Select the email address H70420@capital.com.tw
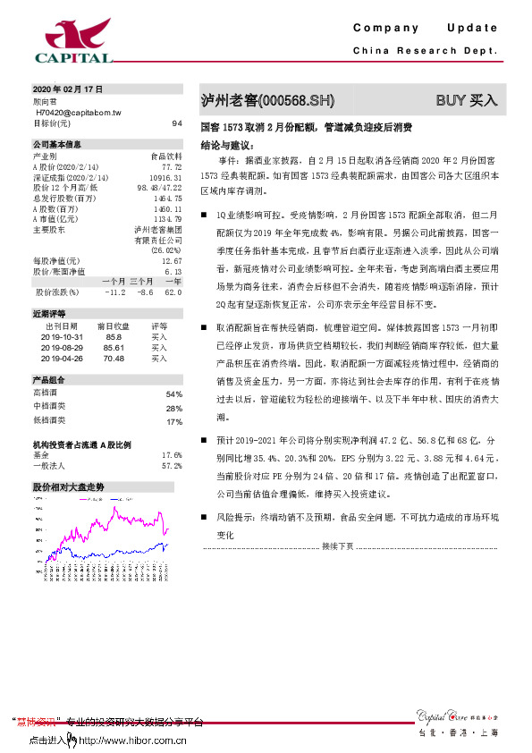84,113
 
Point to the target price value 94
177,123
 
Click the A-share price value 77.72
172,166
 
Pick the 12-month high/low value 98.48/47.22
159,188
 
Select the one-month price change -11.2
114,292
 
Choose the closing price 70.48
114,357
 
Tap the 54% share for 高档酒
174,394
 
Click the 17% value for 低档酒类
174,421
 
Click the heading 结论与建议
228,143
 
